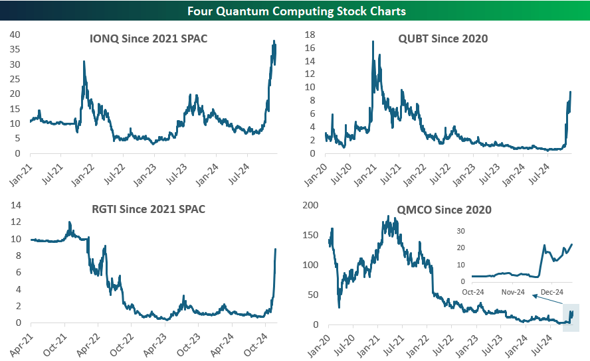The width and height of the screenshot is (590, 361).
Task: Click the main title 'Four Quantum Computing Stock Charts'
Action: [295, 11]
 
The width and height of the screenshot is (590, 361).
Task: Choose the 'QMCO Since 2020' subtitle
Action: [443, 210]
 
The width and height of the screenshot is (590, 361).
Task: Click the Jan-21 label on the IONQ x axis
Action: [22, 169]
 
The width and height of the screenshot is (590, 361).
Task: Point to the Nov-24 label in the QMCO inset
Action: [513, 292]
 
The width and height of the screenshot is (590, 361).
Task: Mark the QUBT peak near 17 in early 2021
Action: [373, 42]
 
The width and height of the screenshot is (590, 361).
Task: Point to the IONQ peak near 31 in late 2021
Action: [84, 62]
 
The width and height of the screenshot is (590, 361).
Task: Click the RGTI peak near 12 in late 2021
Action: [69, 222]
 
